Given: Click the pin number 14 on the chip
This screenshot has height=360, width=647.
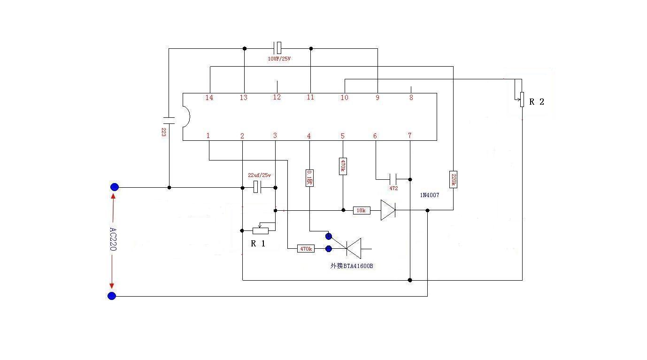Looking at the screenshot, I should (x=209, y=98).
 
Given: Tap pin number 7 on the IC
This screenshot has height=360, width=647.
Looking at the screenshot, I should (x=409, y=136).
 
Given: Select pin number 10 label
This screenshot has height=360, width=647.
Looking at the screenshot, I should (x=345, y=98).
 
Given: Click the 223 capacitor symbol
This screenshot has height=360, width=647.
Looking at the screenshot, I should (x=169, y=120).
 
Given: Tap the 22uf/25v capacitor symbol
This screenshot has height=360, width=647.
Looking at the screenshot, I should (x=257, y=187).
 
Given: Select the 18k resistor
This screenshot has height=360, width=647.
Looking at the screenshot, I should (x=361, y=211).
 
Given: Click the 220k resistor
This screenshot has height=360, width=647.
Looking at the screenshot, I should (x=453, y=179).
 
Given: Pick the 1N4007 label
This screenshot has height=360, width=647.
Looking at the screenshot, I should (x=430, y=195).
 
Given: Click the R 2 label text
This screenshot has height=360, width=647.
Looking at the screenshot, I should (x=537, y=102).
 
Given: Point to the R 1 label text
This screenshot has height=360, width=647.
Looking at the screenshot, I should (x=258, y=244).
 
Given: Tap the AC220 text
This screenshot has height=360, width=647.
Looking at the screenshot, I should (x=113, y=239).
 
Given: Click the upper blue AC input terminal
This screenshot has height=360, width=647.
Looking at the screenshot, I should (x=114, y=187).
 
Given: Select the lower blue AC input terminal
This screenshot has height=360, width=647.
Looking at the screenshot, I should (x=112, y=296).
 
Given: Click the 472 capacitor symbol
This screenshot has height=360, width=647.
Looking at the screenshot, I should (x=393, y=179).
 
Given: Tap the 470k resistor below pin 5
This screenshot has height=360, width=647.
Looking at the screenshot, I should (x=343, y=166).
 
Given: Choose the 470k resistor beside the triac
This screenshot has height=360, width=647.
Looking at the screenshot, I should (x=306, y=249).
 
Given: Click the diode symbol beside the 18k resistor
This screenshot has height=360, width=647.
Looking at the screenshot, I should (x=388, y=210).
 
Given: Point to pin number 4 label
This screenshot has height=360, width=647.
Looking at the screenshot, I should (x=309, y=136).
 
